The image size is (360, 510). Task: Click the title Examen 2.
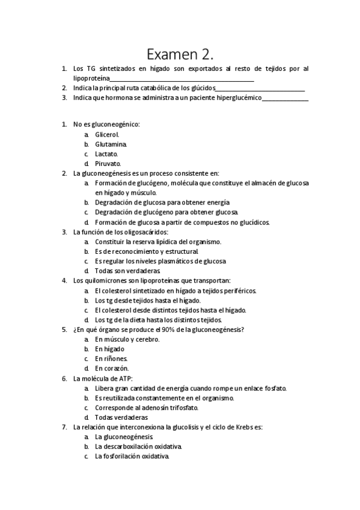click(180, 55)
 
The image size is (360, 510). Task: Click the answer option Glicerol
click(107, 134)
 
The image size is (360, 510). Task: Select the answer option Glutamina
click(111, 144)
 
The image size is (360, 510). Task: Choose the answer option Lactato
click(106, 153)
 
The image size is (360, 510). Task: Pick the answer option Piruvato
click(108, 163)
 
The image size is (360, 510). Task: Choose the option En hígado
click(109, 349)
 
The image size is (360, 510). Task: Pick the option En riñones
click(111, 358)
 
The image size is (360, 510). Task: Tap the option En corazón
click(112, 368)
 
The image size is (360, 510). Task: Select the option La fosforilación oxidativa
click(132, 456)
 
